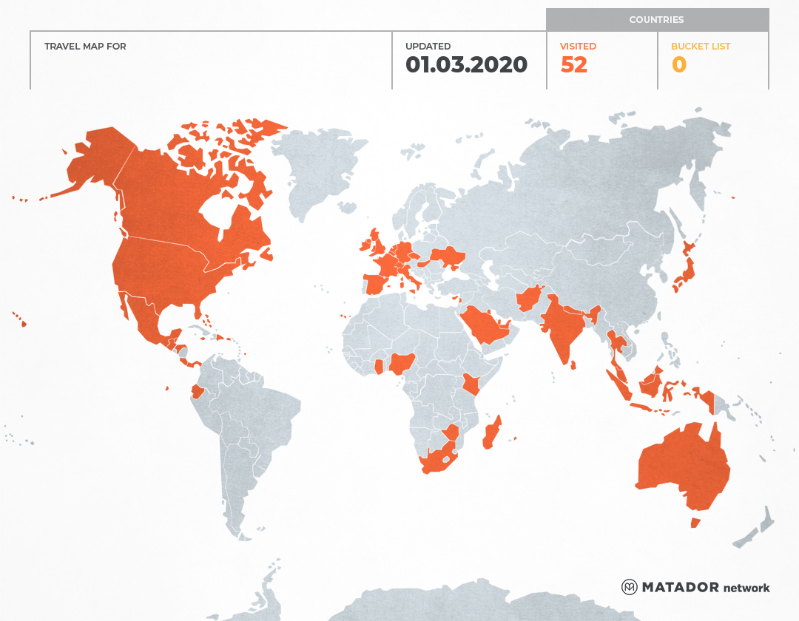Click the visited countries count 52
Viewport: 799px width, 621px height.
coord(574,65)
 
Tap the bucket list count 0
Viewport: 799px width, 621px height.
coord(678,65)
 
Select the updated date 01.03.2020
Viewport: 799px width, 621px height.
coord(466,65)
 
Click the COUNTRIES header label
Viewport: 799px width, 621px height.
coord(656,20)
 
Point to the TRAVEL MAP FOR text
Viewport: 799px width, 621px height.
coord(85,47)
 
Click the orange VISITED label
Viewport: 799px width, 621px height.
coord(578,47)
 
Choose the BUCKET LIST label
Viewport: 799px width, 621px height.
coord(700,47)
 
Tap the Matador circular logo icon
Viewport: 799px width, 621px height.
coord(629,587)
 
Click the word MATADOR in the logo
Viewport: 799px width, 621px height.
coord(680,587)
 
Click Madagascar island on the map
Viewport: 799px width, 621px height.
coord(492,433)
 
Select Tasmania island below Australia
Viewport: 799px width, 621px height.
coord(695,523)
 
